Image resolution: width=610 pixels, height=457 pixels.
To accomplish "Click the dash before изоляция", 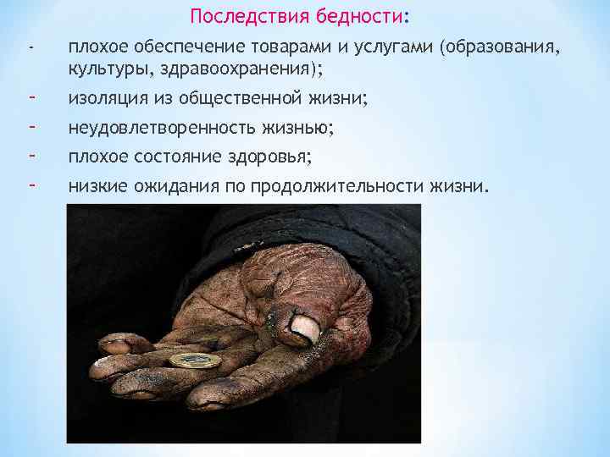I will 30,98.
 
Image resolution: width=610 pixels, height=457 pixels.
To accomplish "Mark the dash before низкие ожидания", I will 30,184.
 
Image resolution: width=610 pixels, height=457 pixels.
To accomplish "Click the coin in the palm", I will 195,361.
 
